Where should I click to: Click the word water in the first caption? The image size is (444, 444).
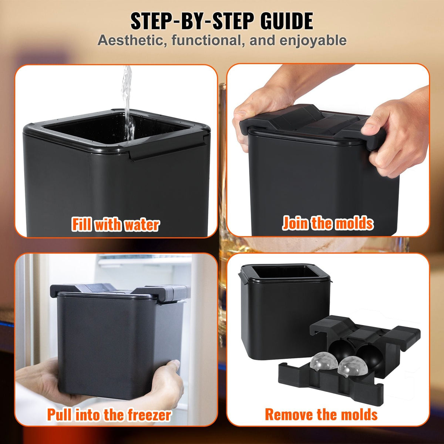pos(142,225)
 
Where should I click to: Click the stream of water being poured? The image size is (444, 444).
pos(128,104)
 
